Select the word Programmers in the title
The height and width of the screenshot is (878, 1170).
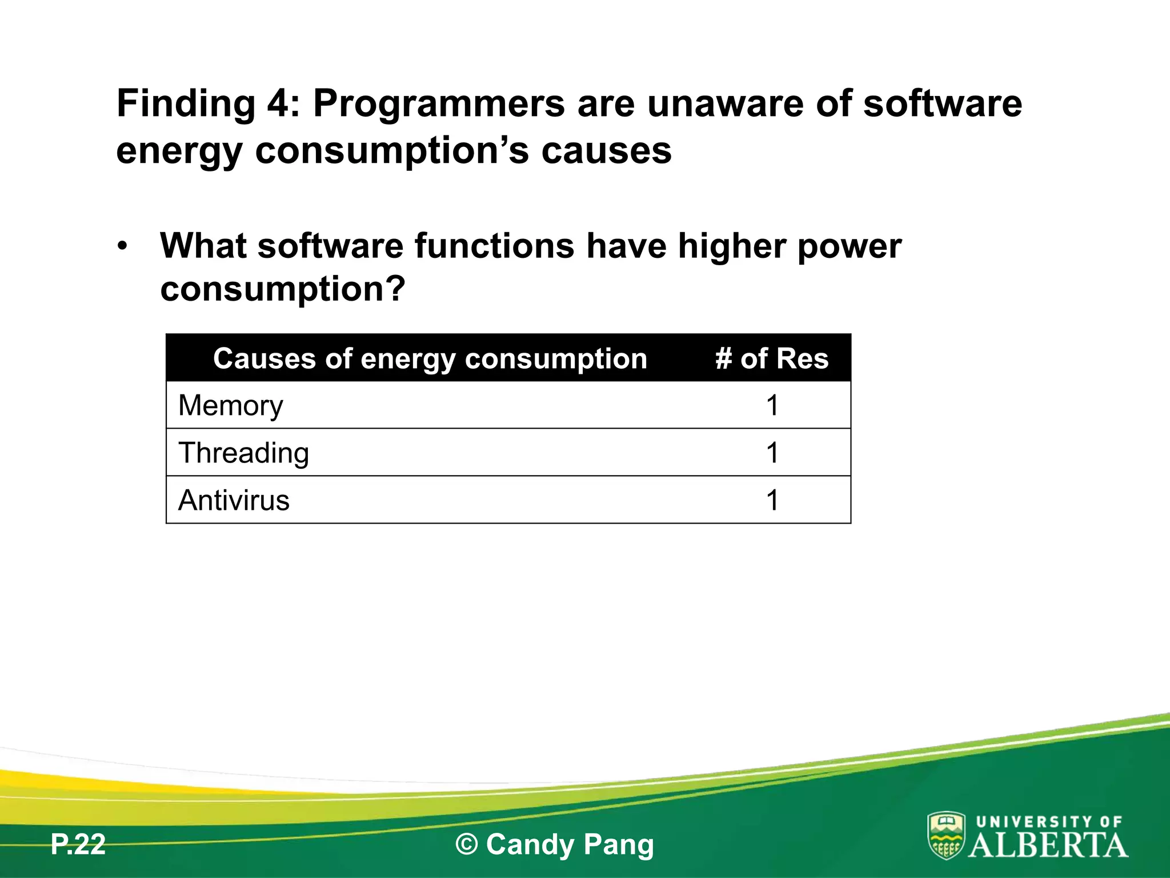coord(439,104)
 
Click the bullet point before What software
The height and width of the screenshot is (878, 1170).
coord(122,247)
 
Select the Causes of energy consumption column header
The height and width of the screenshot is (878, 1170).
coord(430,359)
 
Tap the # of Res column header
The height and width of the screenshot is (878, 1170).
coord(772,359)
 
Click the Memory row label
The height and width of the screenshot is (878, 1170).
coord(230,406)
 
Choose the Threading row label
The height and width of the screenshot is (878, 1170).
coord(243,453)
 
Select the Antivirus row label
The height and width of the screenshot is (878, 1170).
coord(234,500)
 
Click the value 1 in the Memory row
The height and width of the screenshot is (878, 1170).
coord(772,406)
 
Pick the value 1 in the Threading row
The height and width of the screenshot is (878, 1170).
coord(772,453)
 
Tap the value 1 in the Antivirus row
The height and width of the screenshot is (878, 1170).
coord(772,500)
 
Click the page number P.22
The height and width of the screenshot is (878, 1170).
coord(78,844)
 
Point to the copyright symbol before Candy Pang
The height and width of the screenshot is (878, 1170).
coord(467,844)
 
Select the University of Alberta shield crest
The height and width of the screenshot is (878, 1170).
coord(946,835)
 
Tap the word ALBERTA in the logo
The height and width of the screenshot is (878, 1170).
coord(1048,845)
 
